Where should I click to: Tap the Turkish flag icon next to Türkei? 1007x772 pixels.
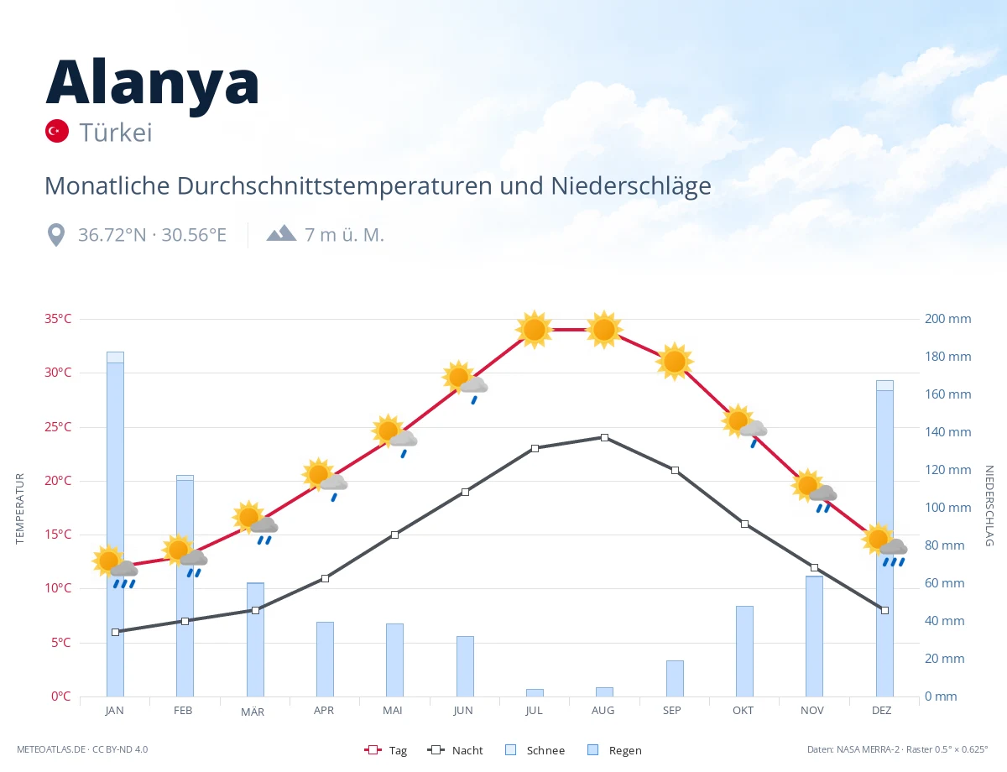coord(56,131)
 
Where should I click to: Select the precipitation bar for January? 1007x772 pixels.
coord(116,524)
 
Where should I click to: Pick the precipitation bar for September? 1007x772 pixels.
coord(675,678)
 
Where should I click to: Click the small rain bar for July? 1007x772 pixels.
coord(535,693)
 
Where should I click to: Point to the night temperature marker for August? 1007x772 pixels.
coord(604,437)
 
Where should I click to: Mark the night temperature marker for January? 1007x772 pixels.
coord(116,632)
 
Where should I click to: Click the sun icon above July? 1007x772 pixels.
coord(535,330)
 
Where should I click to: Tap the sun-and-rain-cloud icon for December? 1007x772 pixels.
coord(884,546)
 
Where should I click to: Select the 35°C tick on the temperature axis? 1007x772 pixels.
coord(58,319)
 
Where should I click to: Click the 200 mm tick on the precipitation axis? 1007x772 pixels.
coord(947,319)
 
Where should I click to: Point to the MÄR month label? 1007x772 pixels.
coord(253,712)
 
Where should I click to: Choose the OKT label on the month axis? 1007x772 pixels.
coord(743,711)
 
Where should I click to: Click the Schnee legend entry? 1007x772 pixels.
coord(535,750)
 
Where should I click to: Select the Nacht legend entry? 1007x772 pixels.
coord(456,750)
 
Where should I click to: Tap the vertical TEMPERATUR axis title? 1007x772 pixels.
coord(19,509)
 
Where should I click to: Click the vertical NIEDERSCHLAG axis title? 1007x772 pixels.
coord(989,505)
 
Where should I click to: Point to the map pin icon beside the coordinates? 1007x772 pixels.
coord(56,235)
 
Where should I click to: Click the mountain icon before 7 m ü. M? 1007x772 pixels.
coord(281,233)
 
